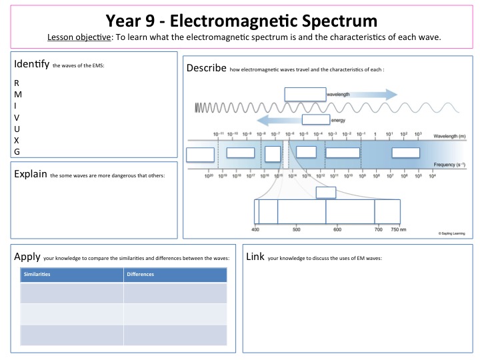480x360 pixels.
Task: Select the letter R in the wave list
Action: point(17,83)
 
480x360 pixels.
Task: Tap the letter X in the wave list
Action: point(17,140)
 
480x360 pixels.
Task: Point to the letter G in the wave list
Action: point(17,151)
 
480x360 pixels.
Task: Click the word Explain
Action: point(29,174)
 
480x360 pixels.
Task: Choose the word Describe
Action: point(206,68)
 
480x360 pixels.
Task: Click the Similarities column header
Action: point(38,274)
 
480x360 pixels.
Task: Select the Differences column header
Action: point(140,274)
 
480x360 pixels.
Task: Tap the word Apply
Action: point(27,256)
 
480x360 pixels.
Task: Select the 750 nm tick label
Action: point(399,229)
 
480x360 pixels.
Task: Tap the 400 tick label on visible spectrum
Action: point(255,229)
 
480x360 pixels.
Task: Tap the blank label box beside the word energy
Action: point(315,120)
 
